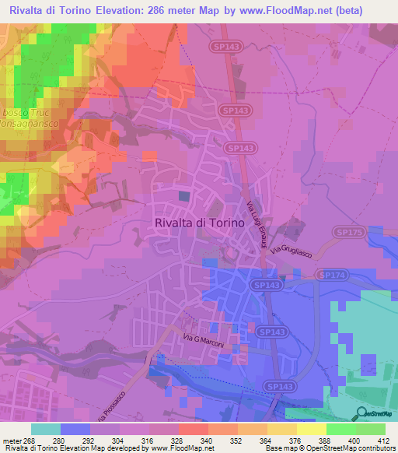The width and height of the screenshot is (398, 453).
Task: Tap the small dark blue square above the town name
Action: (183, 196)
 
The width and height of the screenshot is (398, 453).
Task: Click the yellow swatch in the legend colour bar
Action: (312, 428)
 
